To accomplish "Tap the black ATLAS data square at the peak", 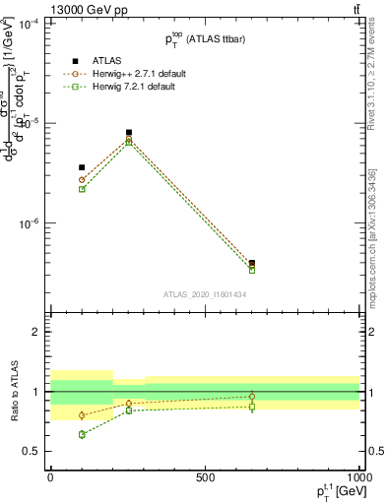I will [129, 132].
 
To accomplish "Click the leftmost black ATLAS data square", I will [82, 167].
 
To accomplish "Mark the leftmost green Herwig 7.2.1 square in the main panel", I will [82, 189].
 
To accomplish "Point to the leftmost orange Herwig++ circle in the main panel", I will [82, 180].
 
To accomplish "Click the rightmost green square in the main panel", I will [252, 270].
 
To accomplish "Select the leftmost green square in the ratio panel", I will [82, 434].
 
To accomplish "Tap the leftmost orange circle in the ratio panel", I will [82, 415].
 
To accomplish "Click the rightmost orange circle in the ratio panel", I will [252, 397].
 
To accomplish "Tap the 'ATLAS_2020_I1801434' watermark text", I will [204, 294].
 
